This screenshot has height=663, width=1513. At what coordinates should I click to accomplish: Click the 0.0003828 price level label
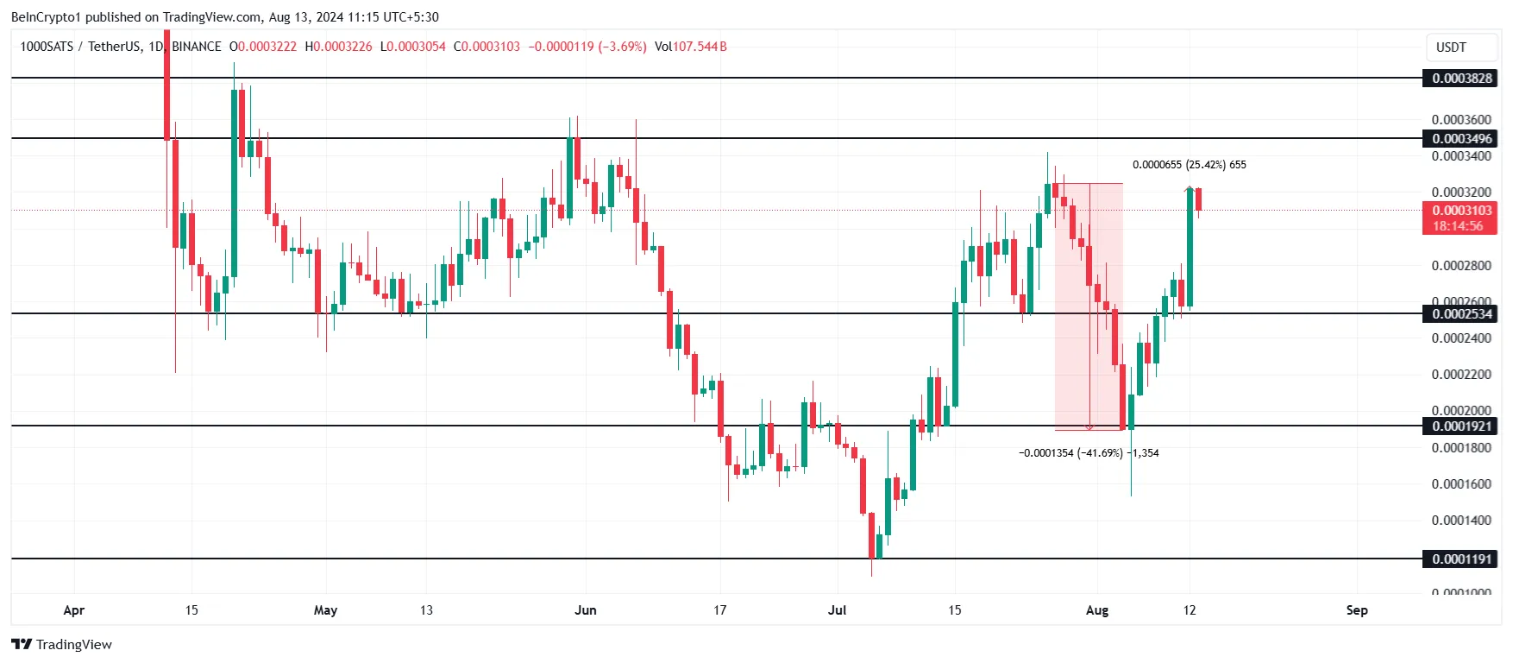click(x=1460, y=79)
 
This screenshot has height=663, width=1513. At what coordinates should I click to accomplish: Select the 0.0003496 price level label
click(x=1460, y=139)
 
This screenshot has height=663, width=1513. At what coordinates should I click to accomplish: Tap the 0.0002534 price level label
click(x=1460, y=314)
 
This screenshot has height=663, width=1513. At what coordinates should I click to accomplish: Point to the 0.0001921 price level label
click(x=1460, y=426)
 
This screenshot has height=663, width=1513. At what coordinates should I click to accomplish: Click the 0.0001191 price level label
click(x=1460, y=559)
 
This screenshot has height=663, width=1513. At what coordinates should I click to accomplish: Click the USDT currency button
click(x=1451, y=47)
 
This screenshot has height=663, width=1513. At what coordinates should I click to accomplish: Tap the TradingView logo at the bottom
click(x=61, y=645)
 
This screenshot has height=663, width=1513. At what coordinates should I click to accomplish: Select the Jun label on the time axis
click(x=586, y=610)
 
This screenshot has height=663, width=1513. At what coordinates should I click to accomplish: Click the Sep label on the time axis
click(x=1357, y=610)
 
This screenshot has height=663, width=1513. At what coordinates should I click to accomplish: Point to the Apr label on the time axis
click(x=74, y=610)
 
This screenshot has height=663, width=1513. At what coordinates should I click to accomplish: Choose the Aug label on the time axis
click(x=1097, y=610)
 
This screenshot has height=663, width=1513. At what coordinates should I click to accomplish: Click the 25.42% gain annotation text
click(x=1205, y=165)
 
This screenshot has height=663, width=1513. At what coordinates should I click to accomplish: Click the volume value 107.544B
click(x=700, y=47)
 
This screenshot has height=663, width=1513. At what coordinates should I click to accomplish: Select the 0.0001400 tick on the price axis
click(x=1460, y=521)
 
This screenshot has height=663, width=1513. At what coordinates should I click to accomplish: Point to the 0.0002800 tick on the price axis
click(x=1460, y=266)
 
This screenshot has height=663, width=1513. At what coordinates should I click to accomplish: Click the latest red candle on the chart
click(x=1198, y=199)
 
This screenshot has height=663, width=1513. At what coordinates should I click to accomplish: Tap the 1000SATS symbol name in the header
click(x=47, y=47)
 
